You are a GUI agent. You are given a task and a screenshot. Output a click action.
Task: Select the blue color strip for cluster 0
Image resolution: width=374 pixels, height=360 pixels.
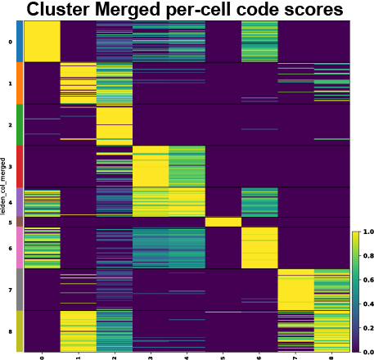[20, 42]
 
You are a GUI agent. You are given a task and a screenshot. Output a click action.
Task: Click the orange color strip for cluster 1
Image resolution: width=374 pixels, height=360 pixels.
[20, 83]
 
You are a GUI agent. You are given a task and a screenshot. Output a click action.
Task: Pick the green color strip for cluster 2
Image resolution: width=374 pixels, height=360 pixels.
[20, 124]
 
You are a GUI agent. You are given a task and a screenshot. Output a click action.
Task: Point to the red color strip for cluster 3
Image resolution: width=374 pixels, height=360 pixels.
[20, 166]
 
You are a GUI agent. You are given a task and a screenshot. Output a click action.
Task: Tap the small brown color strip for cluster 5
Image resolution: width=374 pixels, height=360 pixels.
[20, 222]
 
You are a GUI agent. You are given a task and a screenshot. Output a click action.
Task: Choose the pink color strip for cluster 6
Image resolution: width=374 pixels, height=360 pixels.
[20, 248]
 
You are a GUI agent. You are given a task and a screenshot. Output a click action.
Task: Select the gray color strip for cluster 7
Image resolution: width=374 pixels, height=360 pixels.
[20, 290]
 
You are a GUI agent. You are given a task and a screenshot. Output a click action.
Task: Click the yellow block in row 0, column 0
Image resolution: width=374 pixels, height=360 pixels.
[42, 42]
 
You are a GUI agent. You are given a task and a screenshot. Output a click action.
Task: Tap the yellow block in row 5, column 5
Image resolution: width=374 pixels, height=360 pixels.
[223, 222]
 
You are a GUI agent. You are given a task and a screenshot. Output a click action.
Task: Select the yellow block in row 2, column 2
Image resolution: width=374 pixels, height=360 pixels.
[114, 124]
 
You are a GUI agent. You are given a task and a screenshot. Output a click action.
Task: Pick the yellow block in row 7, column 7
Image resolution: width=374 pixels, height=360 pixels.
[295, 290]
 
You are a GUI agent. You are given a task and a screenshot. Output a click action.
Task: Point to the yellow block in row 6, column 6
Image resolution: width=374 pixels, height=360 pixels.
[259, 248]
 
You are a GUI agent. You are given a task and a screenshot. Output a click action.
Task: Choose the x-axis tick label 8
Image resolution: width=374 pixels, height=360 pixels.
[331, 357]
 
